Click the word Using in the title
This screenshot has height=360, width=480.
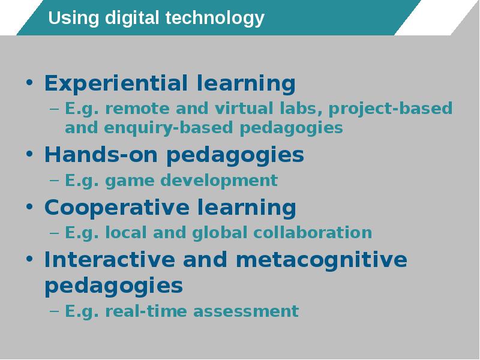click(74, 19)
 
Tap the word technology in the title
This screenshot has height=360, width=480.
click(215, 19)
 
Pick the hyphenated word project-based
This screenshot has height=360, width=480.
click(391, 109)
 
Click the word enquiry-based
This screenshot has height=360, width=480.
click(169, 128)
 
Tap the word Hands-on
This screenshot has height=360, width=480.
click(101, 154)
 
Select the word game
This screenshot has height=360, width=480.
click(130, 181)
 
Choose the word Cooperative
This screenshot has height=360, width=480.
click(117, 208)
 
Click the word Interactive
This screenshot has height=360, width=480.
click(110, 260)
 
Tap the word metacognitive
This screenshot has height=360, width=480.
click(322, 260)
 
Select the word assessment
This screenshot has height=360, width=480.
click(246, 311)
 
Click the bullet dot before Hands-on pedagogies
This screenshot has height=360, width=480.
click(29, 154)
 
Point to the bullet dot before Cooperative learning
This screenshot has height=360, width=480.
click(29, 206)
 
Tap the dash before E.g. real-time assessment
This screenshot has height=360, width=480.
click(54, 311)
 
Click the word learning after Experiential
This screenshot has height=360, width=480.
click(246, 84)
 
